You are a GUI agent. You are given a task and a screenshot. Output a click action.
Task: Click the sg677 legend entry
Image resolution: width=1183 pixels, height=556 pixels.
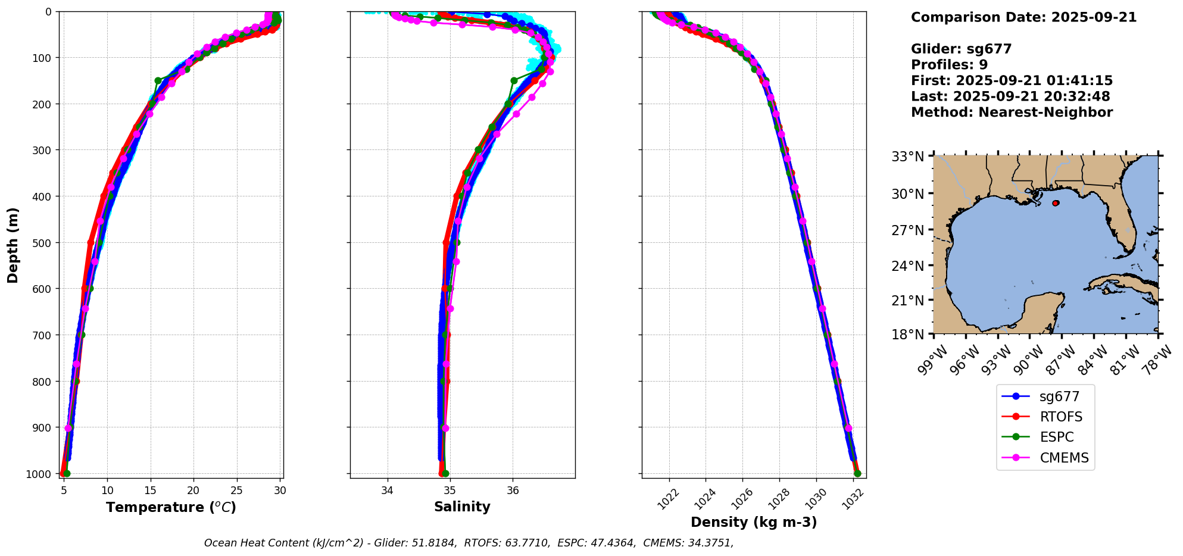coord(1059,396)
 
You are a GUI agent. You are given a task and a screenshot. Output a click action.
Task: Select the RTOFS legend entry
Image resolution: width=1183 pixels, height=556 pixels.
coord(1060,417)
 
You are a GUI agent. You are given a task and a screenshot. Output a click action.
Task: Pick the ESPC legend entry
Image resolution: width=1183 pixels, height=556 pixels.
coord(1056,437)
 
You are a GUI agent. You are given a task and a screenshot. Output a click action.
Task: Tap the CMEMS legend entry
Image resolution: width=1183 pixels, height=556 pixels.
coord(1064,458)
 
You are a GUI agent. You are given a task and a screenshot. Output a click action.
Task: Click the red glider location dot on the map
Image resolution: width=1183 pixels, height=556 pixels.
coord(1056,203)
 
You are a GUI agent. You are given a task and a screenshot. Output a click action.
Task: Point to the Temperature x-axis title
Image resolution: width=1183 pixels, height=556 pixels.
coord(171,507)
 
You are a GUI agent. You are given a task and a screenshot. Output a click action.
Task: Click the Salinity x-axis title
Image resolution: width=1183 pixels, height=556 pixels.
coord(462,507)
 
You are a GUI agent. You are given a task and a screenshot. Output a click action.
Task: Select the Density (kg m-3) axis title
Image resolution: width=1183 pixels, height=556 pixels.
coord(754,522)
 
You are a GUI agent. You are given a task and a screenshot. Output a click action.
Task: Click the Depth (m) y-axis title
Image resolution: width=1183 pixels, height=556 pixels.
coord(13,245)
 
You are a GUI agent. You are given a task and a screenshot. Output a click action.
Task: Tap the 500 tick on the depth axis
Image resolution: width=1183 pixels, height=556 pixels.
coord(43,242)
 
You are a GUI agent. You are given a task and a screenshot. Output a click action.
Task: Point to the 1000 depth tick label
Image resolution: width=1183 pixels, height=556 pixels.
coord(40,474)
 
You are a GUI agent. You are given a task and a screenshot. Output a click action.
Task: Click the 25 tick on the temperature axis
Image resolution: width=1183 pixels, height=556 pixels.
coord(237,491)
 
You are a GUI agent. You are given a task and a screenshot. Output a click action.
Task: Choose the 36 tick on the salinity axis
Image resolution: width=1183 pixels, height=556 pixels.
coord(513,491)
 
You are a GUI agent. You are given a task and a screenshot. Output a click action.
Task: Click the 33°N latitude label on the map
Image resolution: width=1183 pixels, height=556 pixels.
coord(907,157)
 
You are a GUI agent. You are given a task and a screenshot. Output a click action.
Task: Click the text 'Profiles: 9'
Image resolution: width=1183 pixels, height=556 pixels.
coord(949,65)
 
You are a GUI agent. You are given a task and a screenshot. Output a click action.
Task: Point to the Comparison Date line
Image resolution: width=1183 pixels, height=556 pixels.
coord(1023,17)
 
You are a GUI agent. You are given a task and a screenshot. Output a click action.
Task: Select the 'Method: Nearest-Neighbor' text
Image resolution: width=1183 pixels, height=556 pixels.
coord(1012,112)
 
